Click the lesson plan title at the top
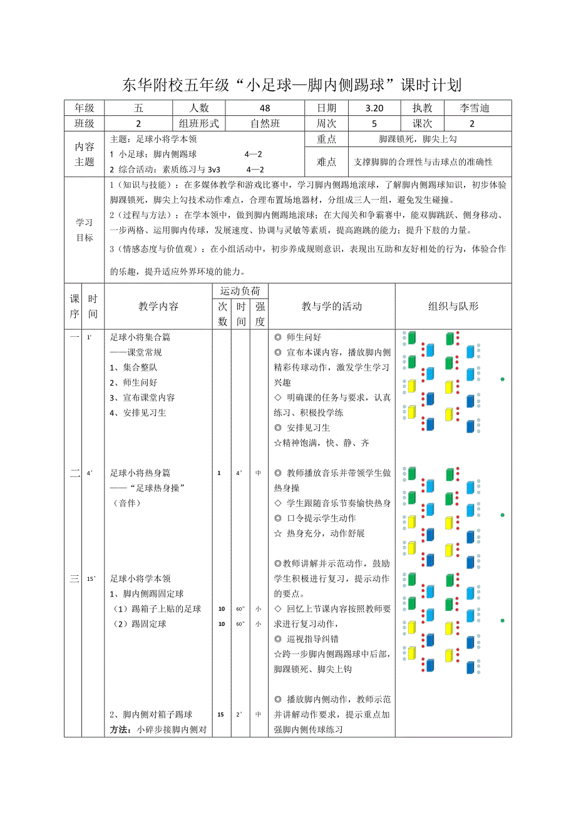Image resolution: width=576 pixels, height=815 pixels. tap(288, 85)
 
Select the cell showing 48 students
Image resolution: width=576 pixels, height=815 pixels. tap(265, 108)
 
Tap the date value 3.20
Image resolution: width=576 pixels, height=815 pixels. tap(374, 108)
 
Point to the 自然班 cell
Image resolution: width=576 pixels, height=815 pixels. tap(265, 124)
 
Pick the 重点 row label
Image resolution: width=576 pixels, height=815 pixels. tap(327, 140)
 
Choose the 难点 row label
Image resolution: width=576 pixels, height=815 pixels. tap(327, 162)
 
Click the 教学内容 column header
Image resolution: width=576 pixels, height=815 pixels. tap(158, 307)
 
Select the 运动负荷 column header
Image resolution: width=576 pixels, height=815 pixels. tap(240, 291)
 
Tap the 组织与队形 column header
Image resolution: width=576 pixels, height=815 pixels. tap(453, 307)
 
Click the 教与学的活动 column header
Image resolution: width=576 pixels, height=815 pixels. tap(331, 307)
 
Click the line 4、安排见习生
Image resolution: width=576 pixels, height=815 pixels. tap(138, 413)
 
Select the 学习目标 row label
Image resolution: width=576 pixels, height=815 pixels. tap(85, 230)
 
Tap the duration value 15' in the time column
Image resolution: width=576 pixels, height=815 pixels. tap(91, 579)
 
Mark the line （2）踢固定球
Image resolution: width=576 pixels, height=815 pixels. tap(140, 624)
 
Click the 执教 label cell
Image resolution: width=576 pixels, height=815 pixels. tap(422, 108)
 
